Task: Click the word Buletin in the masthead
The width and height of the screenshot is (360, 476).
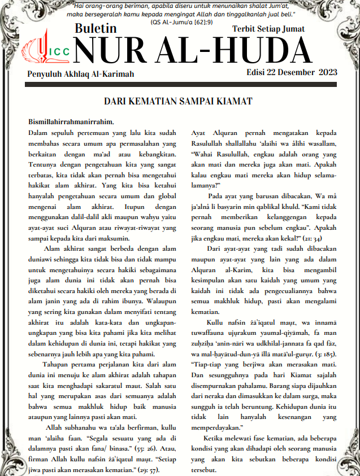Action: [x=96, y=29]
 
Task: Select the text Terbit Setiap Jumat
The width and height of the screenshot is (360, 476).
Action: [x=268, y=29]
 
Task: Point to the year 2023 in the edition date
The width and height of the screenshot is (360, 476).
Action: [x=328, y=72]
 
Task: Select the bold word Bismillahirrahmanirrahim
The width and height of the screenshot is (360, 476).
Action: [x=71, y=122]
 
